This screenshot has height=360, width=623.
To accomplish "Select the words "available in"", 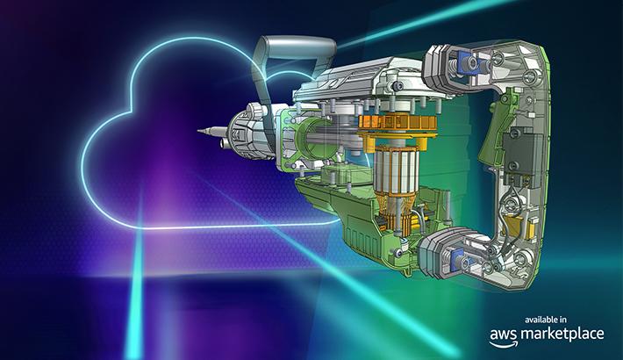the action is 546,320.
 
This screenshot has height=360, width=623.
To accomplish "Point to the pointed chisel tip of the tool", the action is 198,130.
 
